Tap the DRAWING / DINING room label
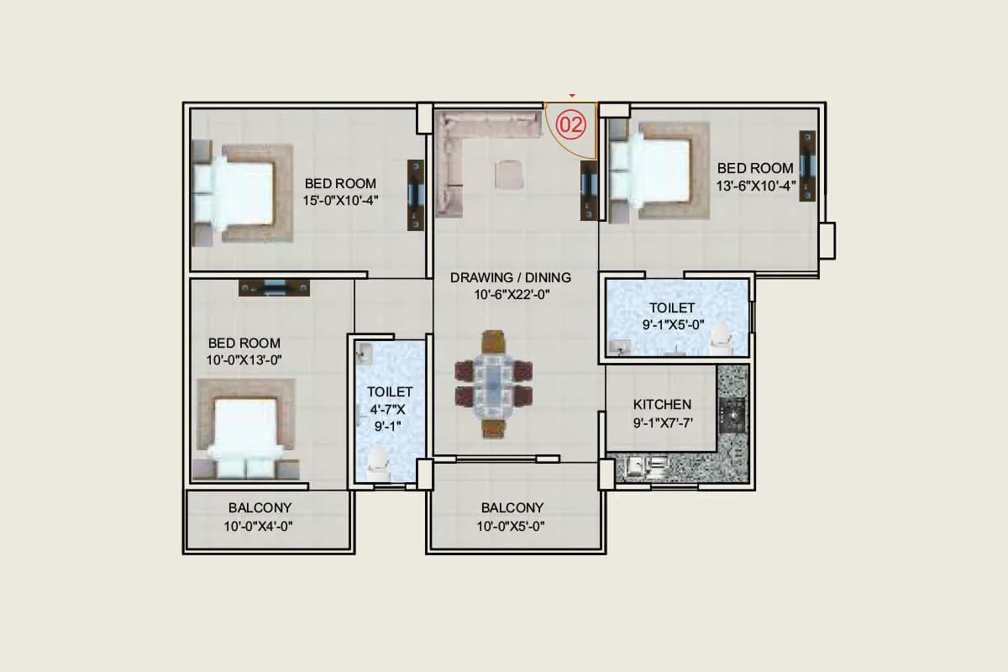coord(511,277)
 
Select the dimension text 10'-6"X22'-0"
coord(511,294)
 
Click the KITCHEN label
coord(662,404)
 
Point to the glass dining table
coord(494,384)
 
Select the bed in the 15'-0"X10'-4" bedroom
coord(242,194)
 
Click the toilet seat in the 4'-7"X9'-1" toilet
coord(379,461)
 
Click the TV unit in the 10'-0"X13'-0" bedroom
coord(275,288)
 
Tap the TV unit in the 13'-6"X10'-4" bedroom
coord(808,165)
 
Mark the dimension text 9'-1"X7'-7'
coord(662,423)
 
